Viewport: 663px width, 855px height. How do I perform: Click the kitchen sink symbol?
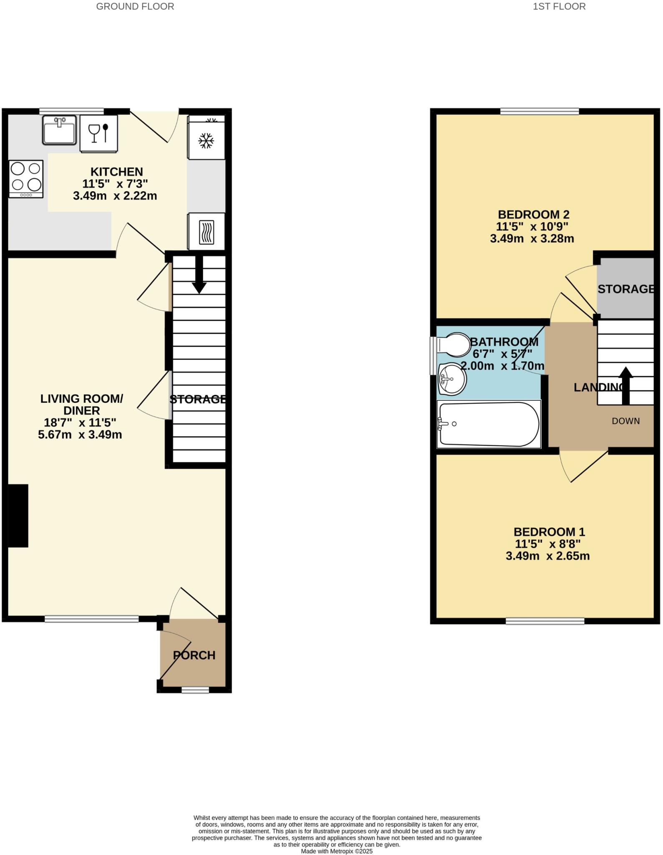pos(59,130)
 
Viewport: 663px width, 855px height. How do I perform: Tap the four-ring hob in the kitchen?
pos(26,179)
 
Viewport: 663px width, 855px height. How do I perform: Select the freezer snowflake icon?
pos(206,141)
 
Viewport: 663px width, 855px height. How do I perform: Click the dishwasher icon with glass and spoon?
pos(99,134)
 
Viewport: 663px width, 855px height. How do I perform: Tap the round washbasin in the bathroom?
pos(452,379)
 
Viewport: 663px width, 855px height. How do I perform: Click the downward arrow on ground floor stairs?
pos(199,276)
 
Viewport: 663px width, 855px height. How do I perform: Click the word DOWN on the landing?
pos(625,421)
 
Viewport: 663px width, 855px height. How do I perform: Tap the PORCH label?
pos(194,655)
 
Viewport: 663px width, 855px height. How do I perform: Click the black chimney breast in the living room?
pos(18,516)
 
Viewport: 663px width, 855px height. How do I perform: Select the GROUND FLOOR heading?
pos(135,7)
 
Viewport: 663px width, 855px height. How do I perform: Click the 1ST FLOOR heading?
pos(559,7)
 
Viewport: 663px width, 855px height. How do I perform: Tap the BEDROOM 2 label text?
pos(533,215)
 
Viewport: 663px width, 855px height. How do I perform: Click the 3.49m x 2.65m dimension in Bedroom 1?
pos(547,556)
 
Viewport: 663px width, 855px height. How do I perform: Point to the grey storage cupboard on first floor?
pos(625,288)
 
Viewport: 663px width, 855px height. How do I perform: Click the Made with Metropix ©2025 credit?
pos(336,851)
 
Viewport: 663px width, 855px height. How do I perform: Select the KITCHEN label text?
pos(117,172)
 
